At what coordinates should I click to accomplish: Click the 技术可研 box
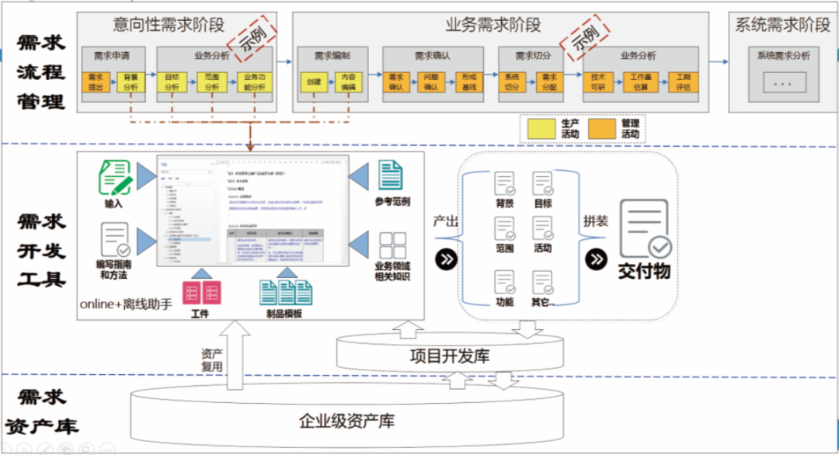(x=598, y=82)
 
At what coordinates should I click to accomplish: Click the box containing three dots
(x=783, y=82)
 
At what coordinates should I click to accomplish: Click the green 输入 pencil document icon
(x=114, y=177)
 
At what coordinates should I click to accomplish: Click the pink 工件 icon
(x=200, y=293)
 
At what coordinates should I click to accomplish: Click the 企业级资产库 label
(x=347, y=422)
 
